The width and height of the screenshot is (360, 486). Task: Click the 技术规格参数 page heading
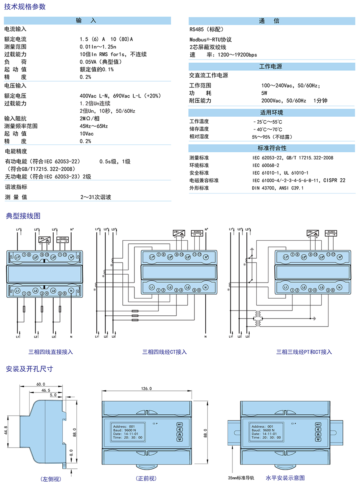25,7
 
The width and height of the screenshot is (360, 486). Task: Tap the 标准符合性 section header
272,148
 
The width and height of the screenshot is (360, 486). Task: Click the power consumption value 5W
264,93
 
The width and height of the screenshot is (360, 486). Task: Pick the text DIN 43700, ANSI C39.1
278,188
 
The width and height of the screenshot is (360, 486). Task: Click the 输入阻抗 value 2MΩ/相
90,118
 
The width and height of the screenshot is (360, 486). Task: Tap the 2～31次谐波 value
96,197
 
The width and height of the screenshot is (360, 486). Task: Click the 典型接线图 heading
23,216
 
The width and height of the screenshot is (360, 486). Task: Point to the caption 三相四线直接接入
50,352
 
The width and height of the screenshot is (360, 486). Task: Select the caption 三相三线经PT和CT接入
304,352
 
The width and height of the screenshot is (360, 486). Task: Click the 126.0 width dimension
146,388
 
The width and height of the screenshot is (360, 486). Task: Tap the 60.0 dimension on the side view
41,384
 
